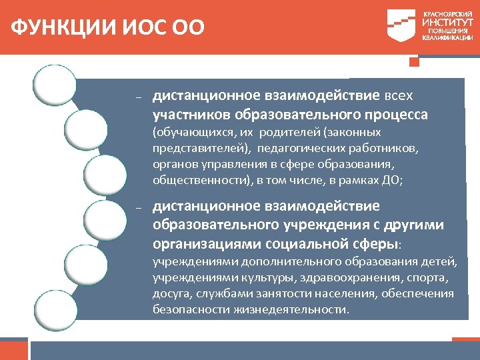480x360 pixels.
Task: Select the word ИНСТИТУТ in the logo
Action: point(447,22)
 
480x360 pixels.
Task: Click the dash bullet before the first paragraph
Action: point(138,97)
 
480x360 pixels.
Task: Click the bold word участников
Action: point(189,115)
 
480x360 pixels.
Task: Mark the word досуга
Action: point(170,293)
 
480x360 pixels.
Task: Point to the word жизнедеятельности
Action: point(291,310)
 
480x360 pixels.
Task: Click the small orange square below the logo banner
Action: point(414,62)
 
